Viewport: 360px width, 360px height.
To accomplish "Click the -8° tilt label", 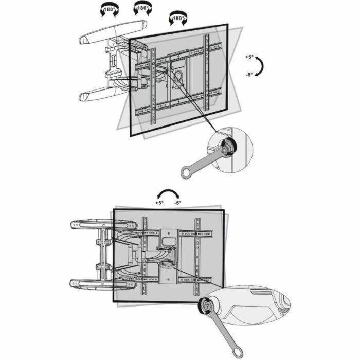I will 249,75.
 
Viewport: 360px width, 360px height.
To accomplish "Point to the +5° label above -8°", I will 249,58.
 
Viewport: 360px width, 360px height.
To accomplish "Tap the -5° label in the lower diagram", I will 177,203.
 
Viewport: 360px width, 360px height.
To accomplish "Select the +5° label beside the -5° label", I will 159,203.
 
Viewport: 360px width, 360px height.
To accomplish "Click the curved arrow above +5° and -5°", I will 168,193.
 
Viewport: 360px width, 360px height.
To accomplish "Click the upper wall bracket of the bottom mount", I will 103,224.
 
